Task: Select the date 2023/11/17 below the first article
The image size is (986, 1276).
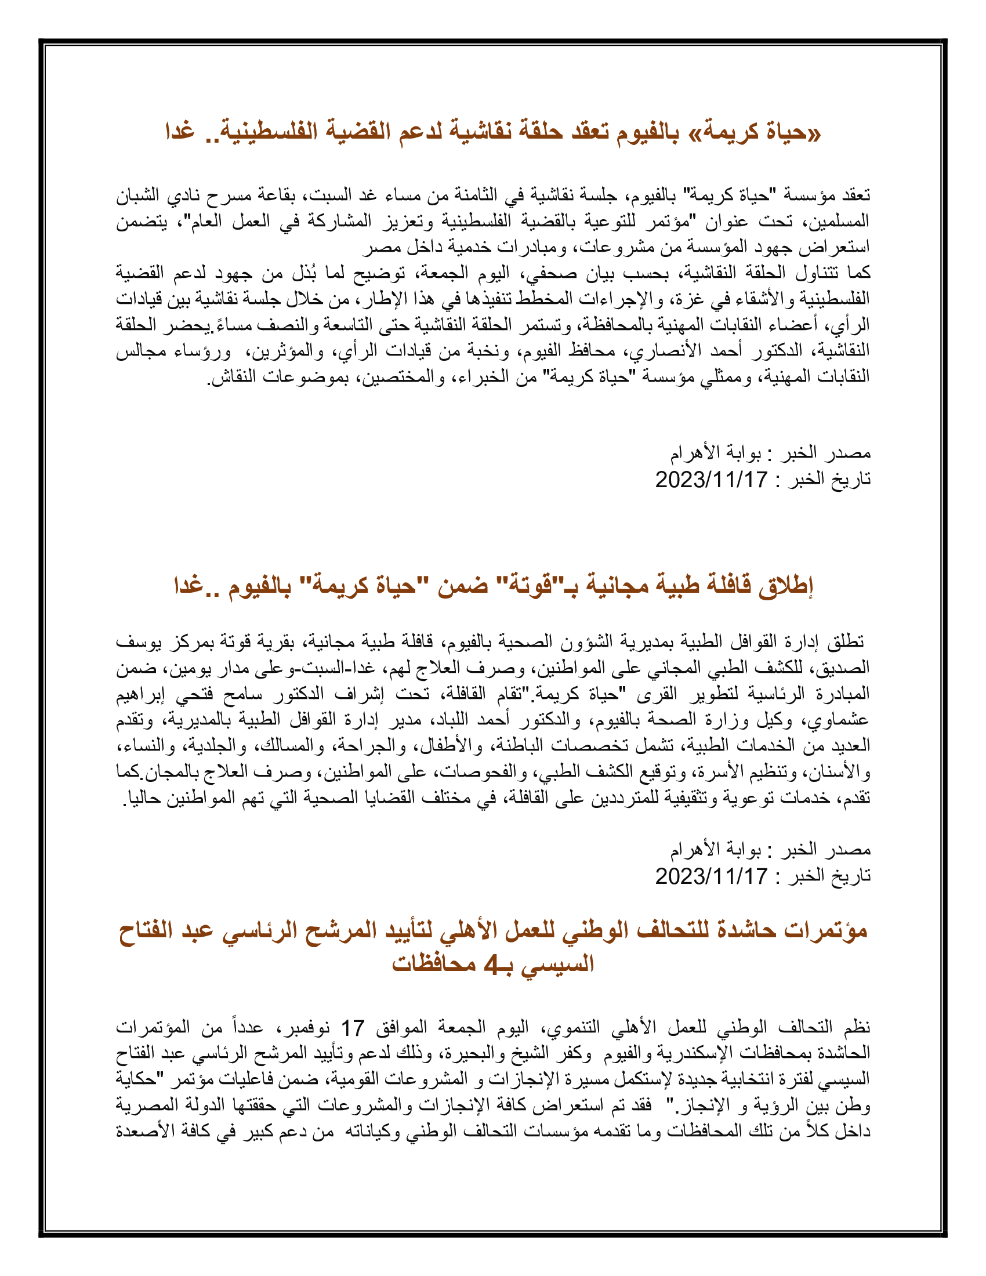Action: [711, 480]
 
